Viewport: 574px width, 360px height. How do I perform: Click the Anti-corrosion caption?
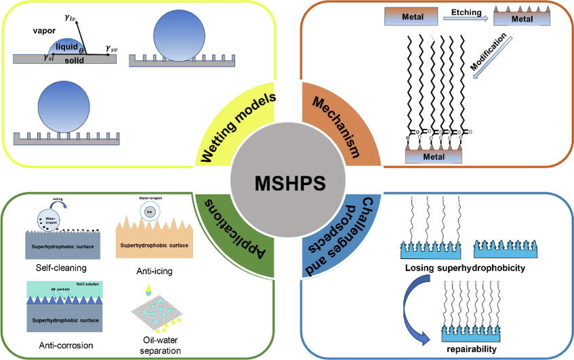58,346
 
